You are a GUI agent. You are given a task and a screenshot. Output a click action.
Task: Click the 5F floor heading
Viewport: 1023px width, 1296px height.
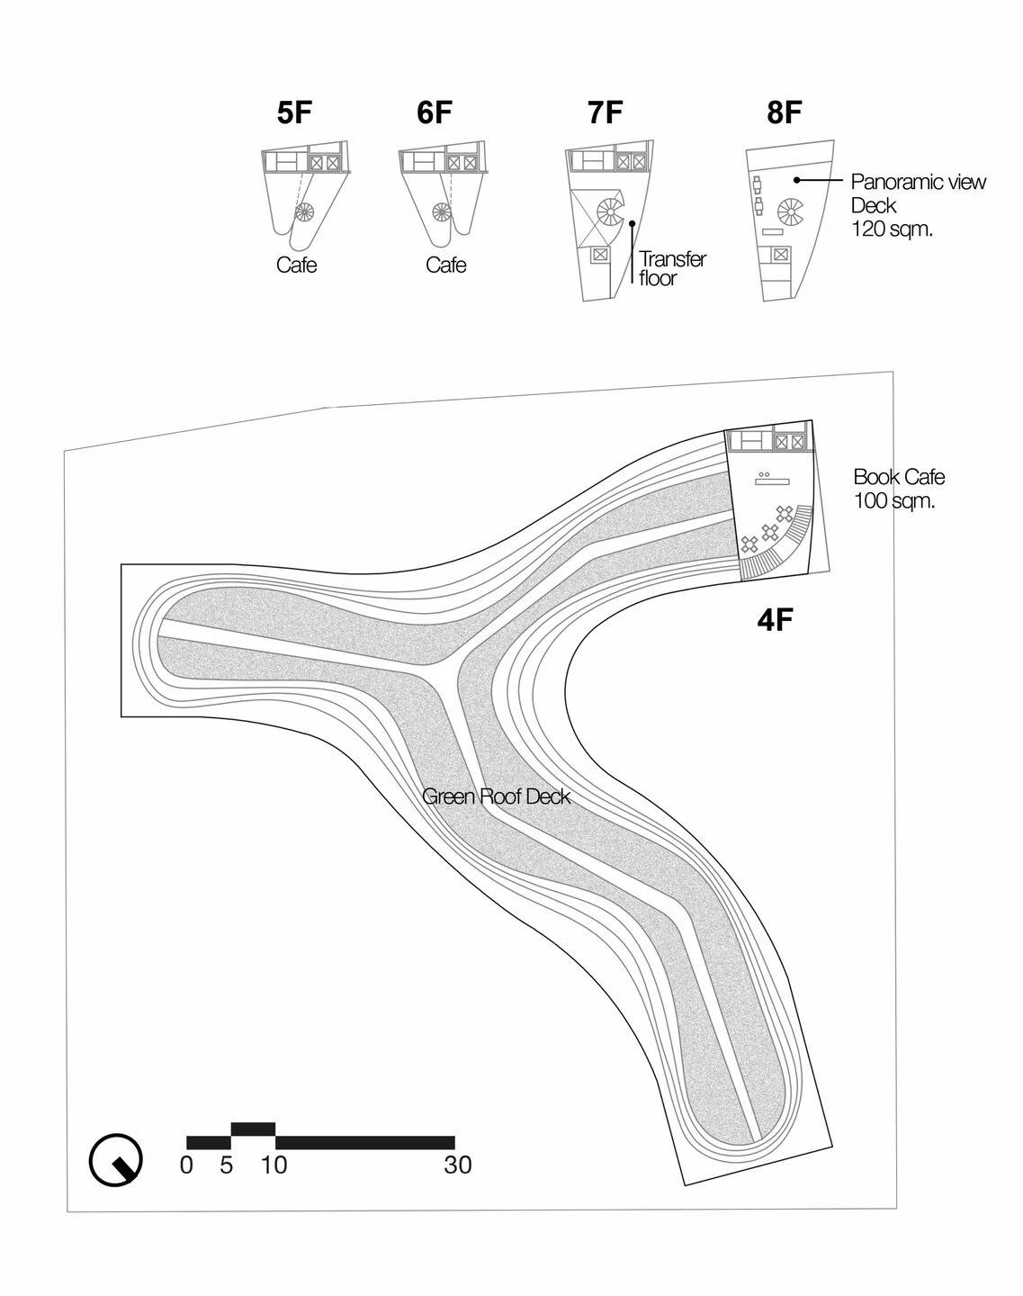pyautogui.click(x=294, y=112)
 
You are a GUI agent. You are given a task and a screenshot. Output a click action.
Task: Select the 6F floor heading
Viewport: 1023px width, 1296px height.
pyautogui.click(x=435, y=112)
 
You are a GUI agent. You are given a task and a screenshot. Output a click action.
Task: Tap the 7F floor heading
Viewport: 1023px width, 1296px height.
pyautogui.click(x=606, y=112)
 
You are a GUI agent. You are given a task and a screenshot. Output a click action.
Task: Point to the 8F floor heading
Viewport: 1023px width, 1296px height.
pyautogui.click(x=785, y=112)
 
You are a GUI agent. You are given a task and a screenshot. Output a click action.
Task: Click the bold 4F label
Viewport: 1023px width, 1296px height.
pyautogui.click(x=775, y=620)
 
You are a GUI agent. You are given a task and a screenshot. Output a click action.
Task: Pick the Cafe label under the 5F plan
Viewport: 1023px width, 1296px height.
pyautogui.click(x=296, y=265)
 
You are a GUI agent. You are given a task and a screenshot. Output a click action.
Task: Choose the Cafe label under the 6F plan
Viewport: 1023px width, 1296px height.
pyautogui.click(x=445, y=265)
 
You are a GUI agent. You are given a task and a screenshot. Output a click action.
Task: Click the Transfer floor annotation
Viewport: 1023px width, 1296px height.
pyautogui.click(x=673, y=268)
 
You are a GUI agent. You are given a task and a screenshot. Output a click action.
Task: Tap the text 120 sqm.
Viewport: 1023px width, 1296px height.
pyautogui.click(x=892, y=229)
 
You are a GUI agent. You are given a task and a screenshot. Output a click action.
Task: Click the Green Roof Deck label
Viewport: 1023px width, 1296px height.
pyautogui.click(x=496, y=796)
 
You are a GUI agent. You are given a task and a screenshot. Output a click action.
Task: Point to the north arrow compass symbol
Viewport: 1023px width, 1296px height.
pyautogui.click(x=115, y=1160)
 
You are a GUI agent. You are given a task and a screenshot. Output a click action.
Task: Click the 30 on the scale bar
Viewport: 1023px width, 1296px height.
pyautogui.click(x=458, y=1165)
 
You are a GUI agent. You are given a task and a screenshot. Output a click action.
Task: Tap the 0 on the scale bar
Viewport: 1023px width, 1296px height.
pyautogui.click(x=186, y=1165)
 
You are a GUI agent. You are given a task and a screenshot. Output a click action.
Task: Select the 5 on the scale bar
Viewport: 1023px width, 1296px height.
pyautogui.click(x=226, y=1165)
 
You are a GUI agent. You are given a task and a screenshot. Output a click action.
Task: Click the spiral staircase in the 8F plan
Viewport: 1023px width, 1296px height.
pyautogui.click(x=791, y=211)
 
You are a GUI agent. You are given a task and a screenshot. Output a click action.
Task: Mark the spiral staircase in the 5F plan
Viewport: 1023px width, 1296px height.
pyautogui.click(x=305, y=212)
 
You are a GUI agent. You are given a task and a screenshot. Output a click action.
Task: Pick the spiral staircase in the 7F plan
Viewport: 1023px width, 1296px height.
pyautogui.click(x=611, y=211)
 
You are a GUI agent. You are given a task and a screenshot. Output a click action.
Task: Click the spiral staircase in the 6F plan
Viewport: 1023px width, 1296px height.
pyautogui.click(x=442, y=212)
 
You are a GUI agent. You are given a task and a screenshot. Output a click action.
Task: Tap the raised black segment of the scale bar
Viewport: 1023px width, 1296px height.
pyautogui.click(x=254, y=1129)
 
